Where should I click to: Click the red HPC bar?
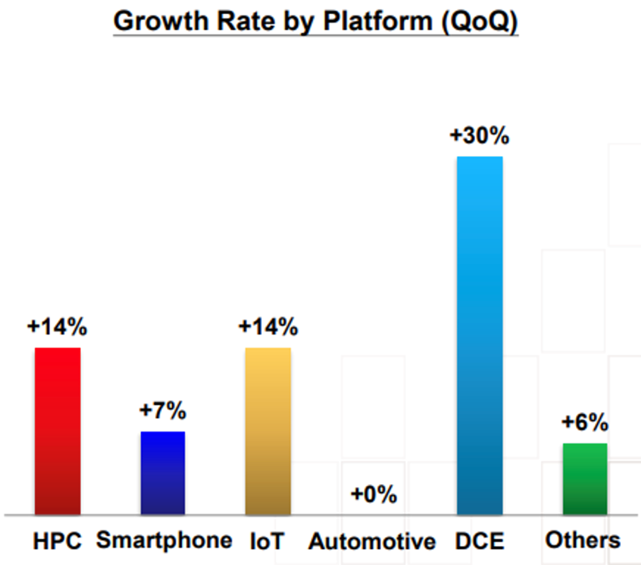click(x=58, y=431)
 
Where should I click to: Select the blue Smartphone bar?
click(x=163, y=472)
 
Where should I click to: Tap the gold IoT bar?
click(x=268, y=431)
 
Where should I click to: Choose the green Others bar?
click(x=584, y=478)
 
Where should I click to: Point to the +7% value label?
click(x=163, y=411)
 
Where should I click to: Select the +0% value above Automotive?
click(x=373, y=494)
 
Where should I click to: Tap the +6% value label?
click(x=584, y=423)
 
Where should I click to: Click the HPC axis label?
click(x=58, y=542)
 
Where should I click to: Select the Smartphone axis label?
click(x=164, y=541)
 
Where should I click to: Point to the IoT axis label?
click(x=267, y=542)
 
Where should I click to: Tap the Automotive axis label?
click(x=372, y=542)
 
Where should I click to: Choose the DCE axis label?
click(x=479, y=542)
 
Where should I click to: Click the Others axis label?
click(x=583, y=541)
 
